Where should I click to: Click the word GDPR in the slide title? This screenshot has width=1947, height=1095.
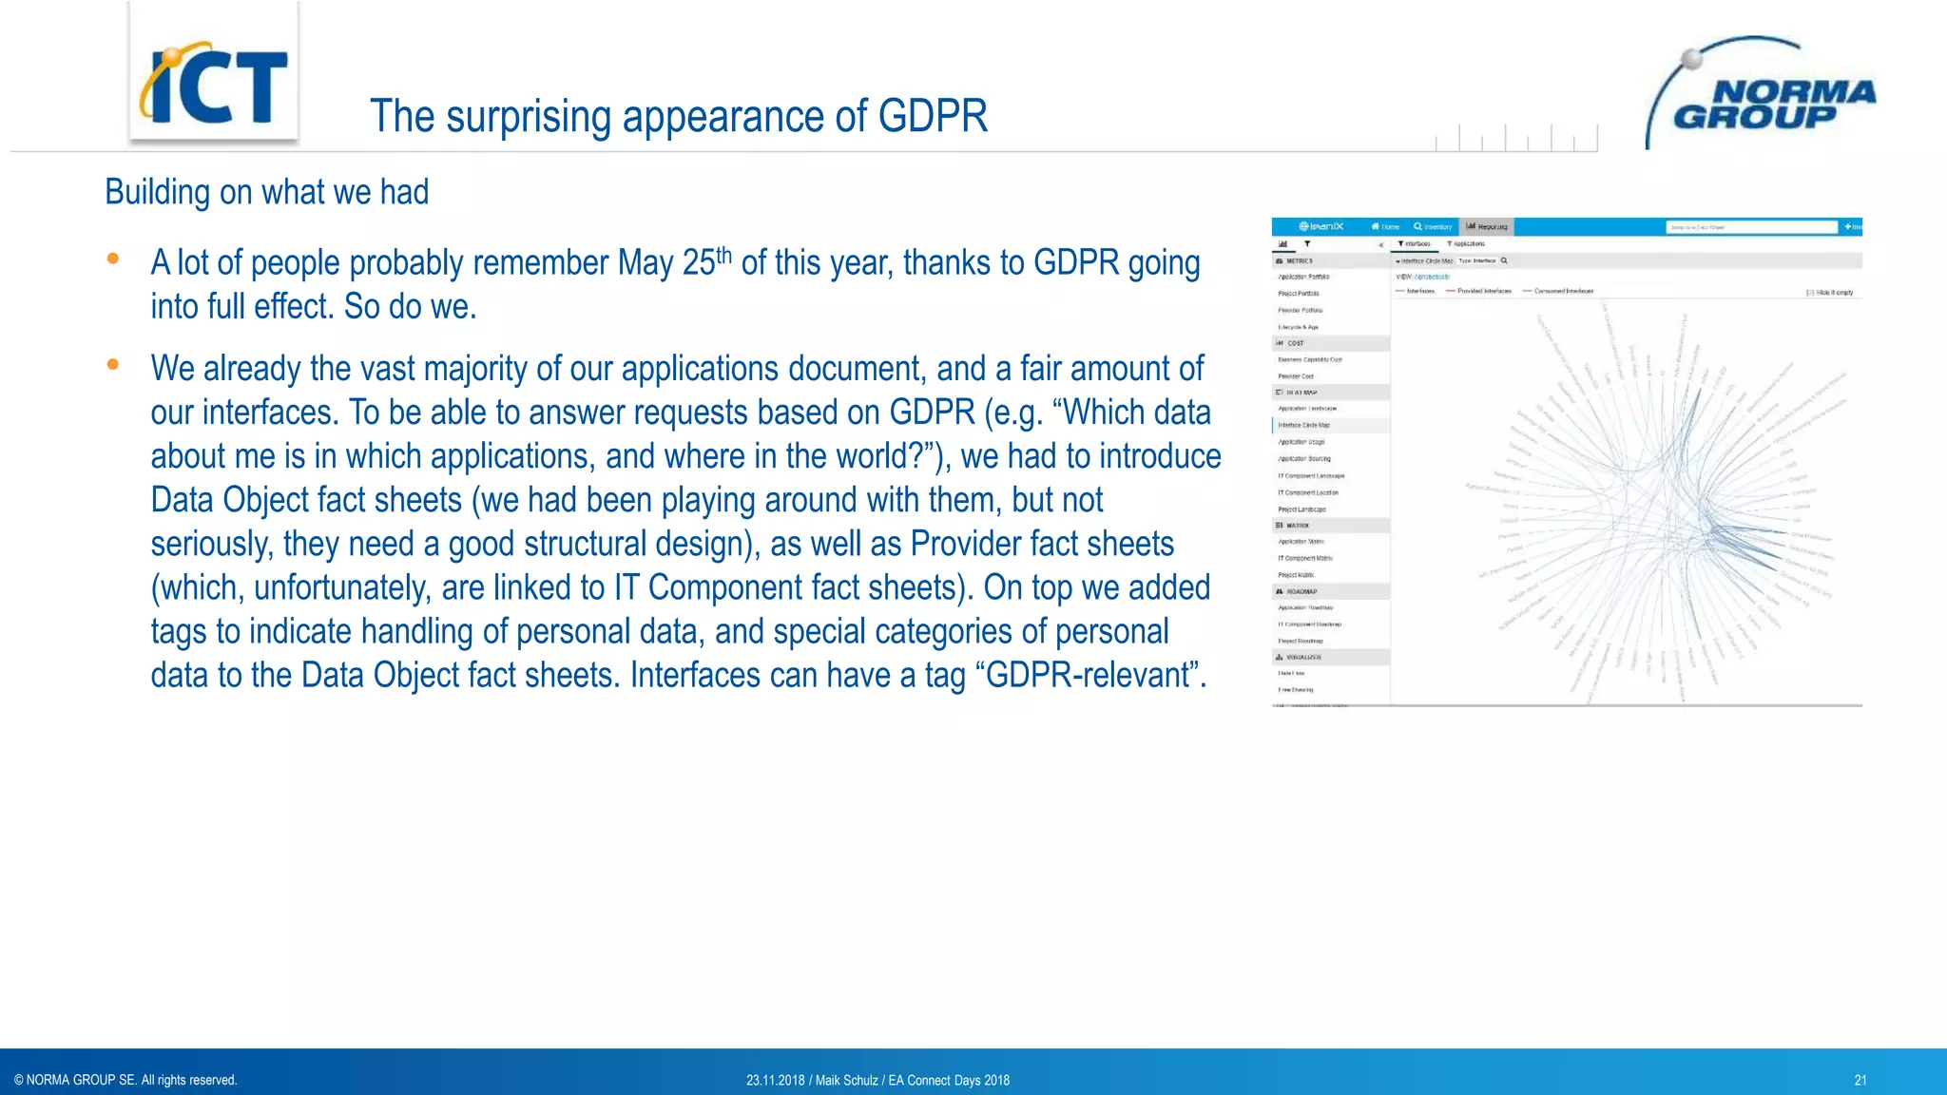[933, 116]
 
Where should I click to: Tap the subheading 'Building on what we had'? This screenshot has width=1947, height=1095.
[266, 192]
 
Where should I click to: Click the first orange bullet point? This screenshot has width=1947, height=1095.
[113, 259]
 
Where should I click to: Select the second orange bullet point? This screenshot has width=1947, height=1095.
[113, 364]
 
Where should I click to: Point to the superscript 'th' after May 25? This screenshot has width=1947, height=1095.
[724, 254]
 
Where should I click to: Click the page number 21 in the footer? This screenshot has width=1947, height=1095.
[1860, 1080]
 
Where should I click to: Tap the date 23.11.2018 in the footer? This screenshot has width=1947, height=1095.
[775, 1080]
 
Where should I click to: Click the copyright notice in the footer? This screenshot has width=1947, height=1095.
[125, 1080]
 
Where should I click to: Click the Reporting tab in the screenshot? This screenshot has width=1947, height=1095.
[1487, 226]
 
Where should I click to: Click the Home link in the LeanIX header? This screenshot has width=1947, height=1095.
[1386, 226]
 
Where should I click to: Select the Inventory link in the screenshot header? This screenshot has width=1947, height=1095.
[1434, 226]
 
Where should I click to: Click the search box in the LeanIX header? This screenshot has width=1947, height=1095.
[1751, 227]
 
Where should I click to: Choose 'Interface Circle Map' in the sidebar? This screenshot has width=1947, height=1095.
[1304, 425]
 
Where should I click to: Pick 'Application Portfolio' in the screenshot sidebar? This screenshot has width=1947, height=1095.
[1304, 277]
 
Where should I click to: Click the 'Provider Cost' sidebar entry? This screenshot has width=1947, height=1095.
[1296, 376]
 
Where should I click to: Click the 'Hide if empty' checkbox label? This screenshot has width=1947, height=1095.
[1832, 293]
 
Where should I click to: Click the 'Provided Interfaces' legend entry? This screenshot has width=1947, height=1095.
[1483, 291]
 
